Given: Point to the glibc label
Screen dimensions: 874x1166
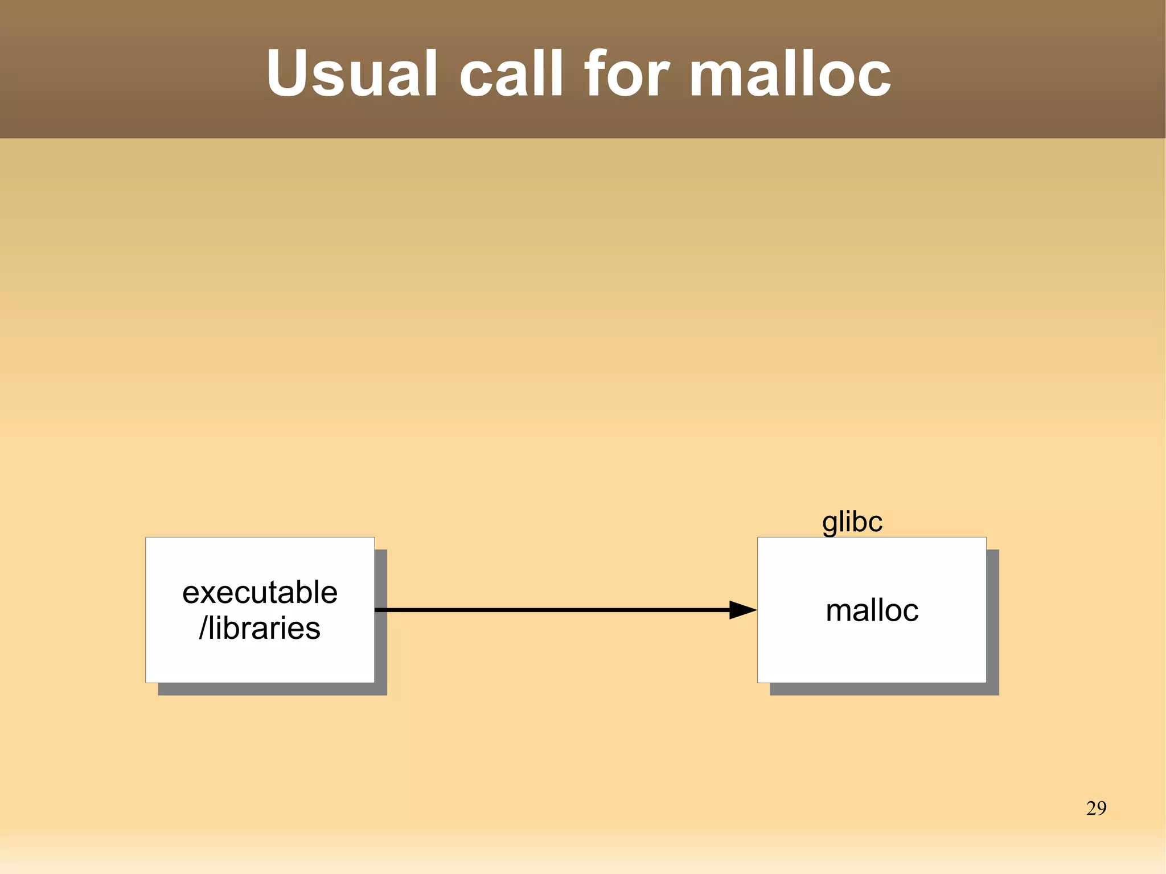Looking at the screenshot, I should click(852, 522).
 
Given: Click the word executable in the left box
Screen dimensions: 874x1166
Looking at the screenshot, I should click(260, 592).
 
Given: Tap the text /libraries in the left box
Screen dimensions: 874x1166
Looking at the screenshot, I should click(260, 628).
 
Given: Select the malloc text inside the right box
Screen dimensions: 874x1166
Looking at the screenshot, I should click(872, 610).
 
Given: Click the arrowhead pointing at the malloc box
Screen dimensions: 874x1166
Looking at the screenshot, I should click(742, 610).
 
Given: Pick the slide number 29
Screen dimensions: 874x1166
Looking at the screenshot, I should click(1096, 808).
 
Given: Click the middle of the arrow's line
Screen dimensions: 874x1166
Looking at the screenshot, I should click(552, 610).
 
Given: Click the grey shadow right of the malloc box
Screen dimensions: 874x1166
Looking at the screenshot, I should click(992, 621).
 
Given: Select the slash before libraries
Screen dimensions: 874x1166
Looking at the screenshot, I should click(203, 628).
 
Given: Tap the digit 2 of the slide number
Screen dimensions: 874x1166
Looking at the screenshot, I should click(1091, 808).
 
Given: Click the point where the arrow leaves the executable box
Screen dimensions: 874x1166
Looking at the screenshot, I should click(376, 610).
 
